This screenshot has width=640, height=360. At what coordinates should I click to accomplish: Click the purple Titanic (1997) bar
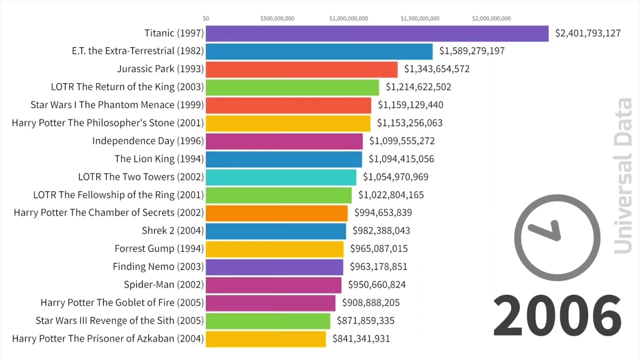377,33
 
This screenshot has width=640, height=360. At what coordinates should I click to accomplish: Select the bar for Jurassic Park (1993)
301,69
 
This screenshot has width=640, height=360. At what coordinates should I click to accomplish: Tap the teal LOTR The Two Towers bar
281,177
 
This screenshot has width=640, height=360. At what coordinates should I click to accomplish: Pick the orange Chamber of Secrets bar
276,213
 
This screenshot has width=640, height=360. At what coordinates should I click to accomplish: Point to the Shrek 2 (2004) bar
275,231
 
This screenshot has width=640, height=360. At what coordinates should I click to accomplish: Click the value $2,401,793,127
588,33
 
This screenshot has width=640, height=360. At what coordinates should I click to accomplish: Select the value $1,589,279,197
472,51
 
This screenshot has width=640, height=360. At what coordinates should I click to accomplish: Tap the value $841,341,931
357,339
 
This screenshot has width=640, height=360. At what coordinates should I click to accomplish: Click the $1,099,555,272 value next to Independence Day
402,141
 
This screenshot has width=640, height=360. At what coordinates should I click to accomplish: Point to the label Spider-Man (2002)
164,284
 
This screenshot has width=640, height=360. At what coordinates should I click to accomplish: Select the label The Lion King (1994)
159,159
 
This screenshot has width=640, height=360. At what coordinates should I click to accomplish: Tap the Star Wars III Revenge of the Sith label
120,320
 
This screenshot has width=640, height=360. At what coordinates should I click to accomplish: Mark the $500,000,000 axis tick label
277,18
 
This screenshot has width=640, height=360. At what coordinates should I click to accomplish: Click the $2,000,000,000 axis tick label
491,18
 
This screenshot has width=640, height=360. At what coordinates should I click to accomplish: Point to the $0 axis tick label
206,18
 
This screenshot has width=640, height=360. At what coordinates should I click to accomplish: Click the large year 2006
557,315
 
